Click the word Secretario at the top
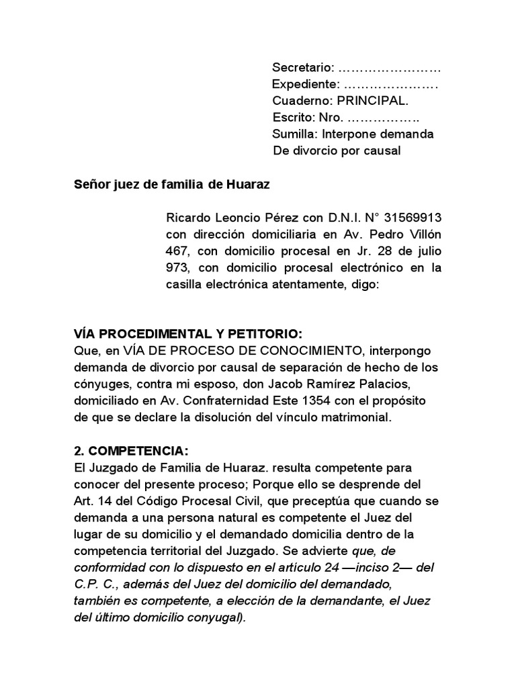pyautogui.click(x=302, y=68)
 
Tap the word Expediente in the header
pyautogui.click(x=305, y=85)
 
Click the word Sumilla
pyautogui.click(x=294, y=134)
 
